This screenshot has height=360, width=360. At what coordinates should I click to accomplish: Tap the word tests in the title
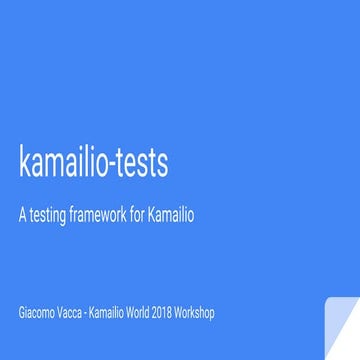pos(139,164)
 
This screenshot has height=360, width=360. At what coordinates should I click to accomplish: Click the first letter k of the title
pos(24,164)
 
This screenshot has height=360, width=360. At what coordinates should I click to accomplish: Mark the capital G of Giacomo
pos(23,314)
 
